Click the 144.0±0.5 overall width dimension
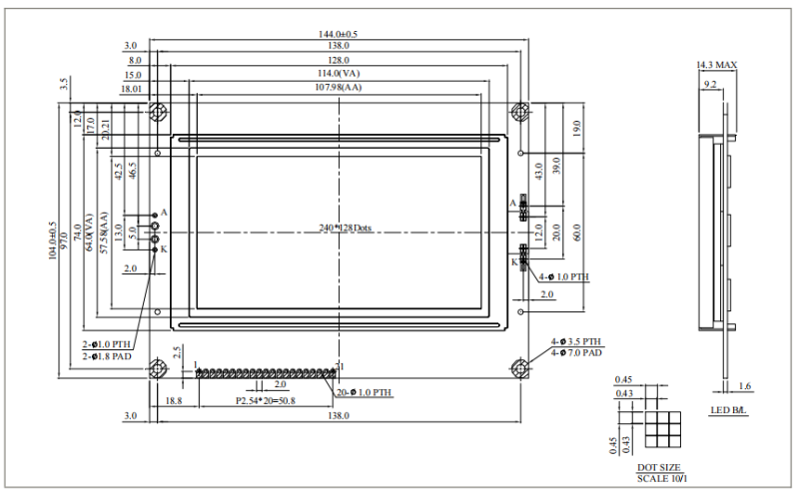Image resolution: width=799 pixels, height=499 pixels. (x=339, y=34)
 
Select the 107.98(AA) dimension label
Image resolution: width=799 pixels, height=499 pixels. (x=339, y=88)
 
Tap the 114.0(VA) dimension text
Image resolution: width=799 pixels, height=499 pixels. (x=339, y=74)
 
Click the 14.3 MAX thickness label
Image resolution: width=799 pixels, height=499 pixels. (x=716, y=65)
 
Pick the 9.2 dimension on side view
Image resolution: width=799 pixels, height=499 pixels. (x=710, y=85)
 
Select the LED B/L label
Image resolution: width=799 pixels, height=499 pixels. (x=728, y=410)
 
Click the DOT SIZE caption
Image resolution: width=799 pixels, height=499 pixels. (x=657, y=467)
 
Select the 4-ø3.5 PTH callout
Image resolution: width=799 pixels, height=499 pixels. (x=578, y=341)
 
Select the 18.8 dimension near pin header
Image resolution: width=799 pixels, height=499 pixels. (x=173, y=400)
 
